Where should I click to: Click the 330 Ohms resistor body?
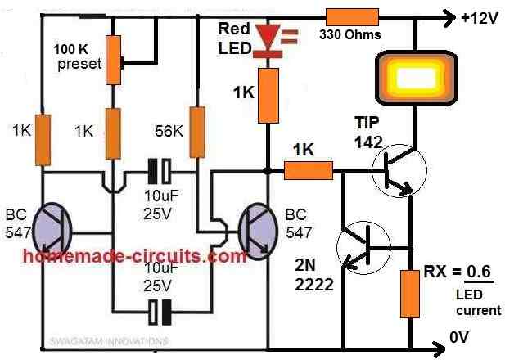352,16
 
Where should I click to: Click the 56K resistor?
196,132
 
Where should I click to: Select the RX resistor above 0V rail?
408,295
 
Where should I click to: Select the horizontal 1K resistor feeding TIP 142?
309,171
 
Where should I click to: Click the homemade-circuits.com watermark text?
135,256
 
